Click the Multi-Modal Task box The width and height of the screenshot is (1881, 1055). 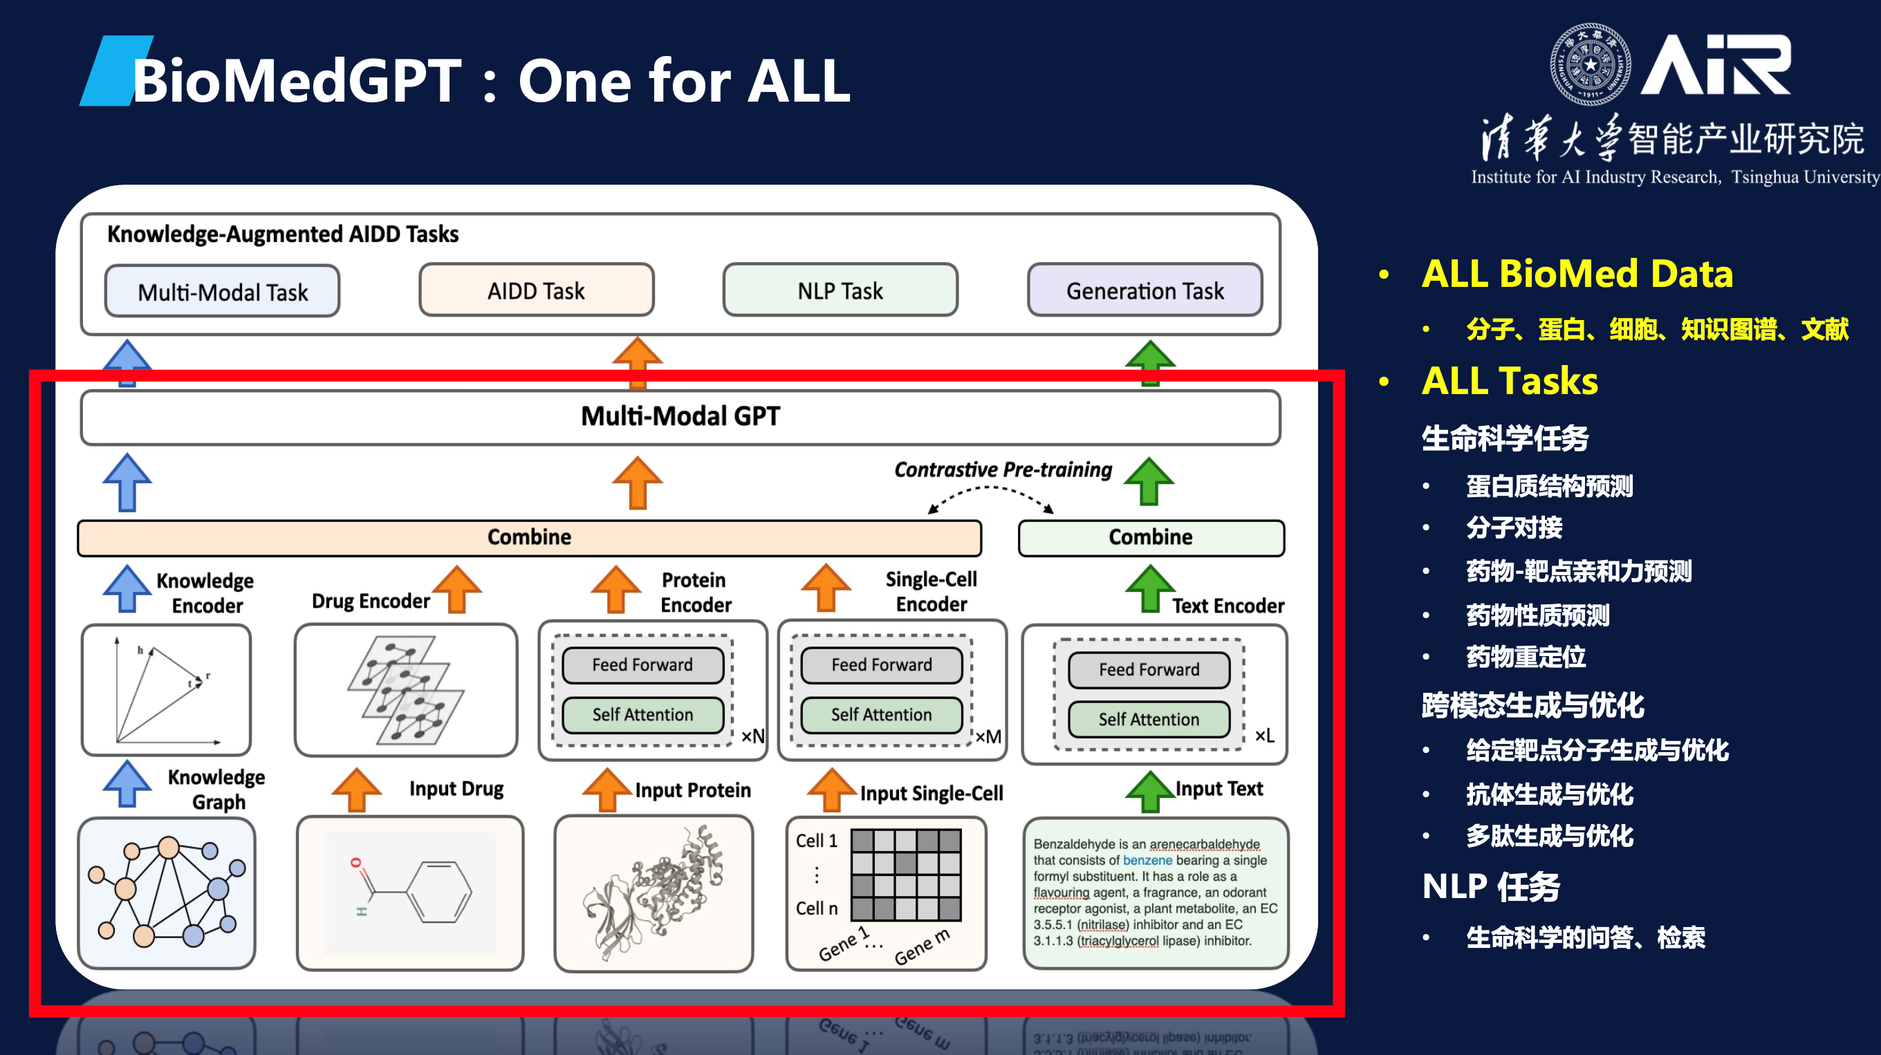pos(223,291)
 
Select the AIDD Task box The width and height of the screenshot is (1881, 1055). pos(536,290)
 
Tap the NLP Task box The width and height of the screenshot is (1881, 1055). pos(840,290)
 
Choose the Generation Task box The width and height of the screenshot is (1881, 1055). pos(1145,290)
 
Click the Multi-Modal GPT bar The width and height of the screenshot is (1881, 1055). pos(680,417)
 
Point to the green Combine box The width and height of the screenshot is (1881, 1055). pos(1150,537)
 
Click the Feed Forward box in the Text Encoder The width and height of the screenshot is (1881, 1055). pos(1149,669)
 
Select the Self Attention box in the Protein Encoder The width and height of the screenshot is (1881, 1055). pos(642,714)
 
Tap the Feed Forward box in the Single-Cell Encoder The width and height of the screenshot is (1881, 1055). pos(881,664)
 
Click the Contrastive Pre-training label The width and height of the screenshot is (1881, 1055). pos(1003,469)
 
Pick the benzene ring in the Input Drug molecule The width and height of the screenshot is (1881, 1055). pos(440,892)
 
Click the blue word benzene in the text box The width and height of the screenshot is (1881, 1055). pos(1147,860)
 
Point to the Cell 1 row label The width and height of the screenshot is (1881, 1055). pos(816,841)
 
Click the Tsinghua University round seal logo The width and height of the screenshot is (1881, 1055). pos(1590,64)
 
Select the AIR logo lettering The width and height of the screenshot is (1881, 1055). pos(1716,66)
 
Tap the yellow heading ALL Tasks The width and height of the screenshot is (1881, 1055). pos(1510,381)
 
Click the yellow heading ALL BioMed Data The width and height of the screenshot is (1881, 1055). pos(1577,274)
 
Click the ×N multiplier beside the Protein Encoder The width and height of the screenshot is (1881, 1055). pos(753,736)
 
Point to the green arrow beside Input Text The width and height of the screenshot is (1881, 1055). pos(1149,791)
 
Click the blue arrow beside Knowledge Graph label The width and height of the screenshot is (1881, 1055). pos(127,783)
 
